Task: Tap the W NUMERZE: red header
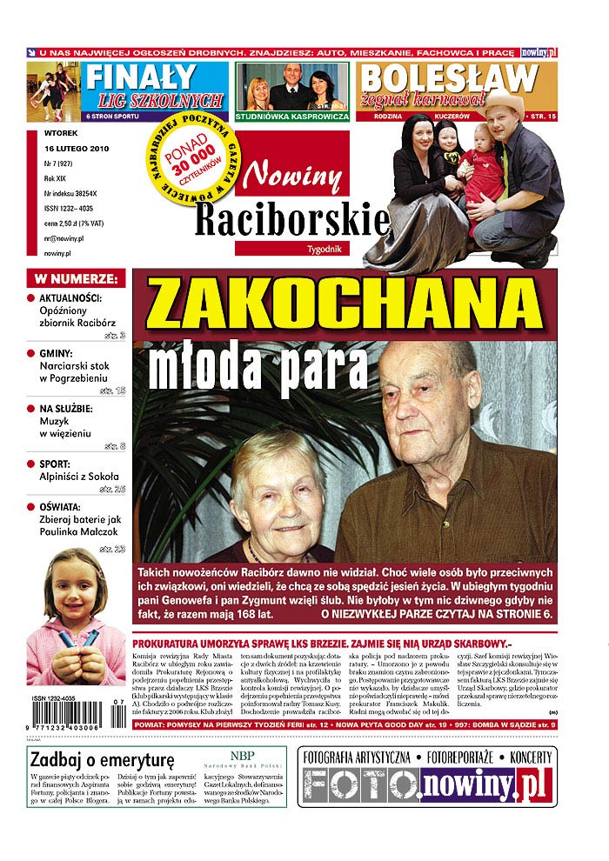77,279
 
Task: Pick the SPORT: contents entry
60,464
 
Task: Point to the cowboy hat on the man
504,103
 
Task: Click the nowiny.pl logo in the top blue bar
539,52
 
